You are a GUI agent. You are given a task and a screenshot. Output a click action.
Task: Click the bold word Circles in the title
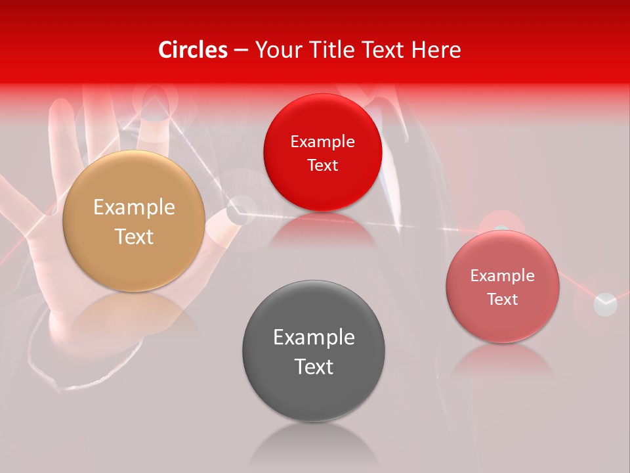[x=193, y=50]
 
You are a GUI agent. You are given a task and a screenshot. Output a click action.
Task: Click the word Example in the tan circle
[x=134, y=208]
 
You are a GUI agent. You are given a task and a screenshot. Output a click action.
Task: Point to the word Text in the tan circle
[x=134, y=236]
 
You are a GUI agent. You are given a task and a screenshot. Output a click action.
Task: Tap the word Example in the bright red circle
[x=322, y=142]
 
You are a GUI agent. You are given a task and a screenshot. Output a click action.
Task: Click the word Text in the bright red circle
[x=322, y=166]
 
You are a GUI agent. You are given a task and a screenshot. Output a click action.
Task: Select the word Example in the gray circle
[x=314, y=338]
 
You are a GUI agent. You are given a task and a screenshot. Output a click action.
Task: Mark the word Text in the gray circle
[x=314, y=367]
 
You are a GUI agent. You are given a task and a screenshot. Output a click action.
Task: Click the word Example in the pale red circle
[x=503, y=276]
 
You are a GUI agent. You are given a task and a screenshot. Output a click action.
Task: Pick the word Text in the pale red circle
[x=503, y=300]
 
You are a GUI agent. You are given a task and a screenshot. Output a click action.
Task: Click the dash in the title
[x=240, y=51]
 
